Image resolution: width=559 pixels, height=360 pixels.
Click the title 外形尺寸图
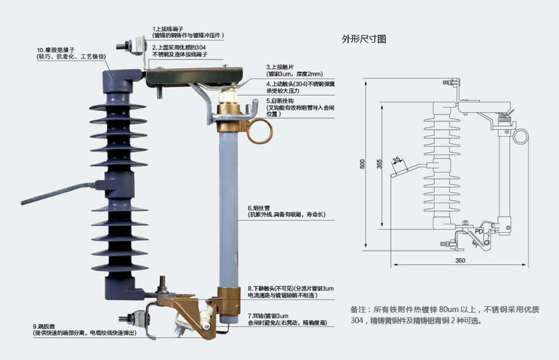364,39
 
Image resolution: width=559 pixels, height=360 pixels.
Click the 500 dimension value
362,164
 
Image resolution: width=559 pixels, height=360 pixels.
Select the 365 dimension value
379,164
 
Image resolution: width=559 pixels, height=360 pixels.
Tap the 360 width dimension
460,260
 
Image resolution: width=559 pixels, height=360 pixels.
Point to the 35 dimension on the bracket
396,160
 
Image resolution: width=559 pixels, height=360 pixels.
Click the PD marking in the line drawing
479,230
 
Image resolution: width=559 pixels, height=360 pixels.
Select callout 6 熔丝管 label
258,207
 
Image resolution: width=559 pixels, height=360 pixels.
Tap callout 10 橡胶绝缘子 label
56,50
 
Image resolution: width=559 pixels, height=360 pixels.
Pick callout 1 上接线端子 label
171,29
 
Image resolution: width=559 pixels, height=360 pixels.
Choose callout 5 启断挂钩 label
282,101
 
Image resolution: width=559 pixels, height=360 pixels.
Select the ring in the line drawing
520,136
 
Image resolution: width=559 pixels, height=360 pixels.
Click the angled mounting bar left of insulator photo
56,192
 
